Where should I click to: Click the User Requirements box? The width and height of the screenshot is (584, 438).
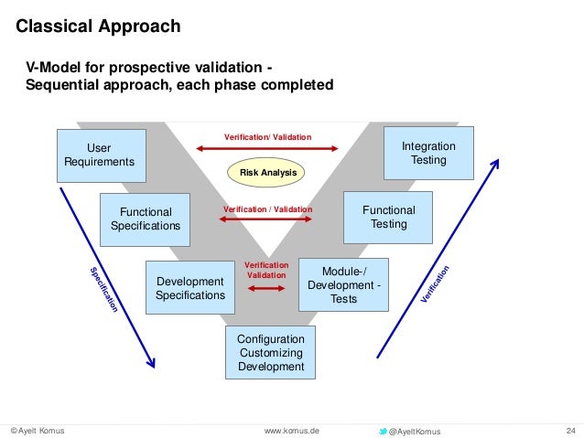(x=101, y=155)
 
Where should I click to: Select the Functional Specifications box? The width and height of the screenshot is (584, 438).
(x=145, y=219)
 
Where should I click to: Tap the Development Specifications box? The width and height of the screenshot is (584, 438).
(x=190, y=288)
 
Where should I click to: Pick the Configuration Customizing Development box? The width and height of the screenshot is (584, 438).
(x=270, y=353)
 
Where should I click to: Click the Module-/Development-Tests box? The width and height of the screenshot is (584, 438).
(x=343, y=285)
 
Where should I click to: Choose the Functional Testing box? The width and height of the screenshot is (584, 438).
(x=388, y=218)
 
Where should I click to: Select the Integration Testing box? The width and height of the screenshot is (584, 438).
(x=428, y=154)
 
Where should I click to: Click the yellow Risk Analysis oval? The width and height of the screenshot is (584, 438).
(x=268, y=172)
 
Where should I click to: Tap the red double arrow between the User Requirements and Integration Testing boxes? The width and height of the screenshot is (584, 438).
(x=267, y=149)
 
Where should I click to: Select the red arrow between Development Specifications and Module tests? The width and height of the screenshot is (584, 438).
(x=266, y=289)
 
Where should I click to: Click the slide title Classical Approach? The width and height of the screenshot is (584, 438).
(x=100, y=27)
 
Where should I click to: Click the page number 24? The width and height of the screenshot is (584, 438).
(x=572, y=431)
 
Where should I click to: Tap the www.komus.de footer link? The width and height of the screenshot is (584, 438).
(x=291, y=431)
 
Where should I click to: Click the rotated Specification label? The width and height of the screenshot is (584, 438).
(x=103, y=290)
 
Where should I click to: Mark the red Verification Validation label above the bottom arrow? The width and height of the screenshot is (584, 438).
(x=266, y=271)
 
